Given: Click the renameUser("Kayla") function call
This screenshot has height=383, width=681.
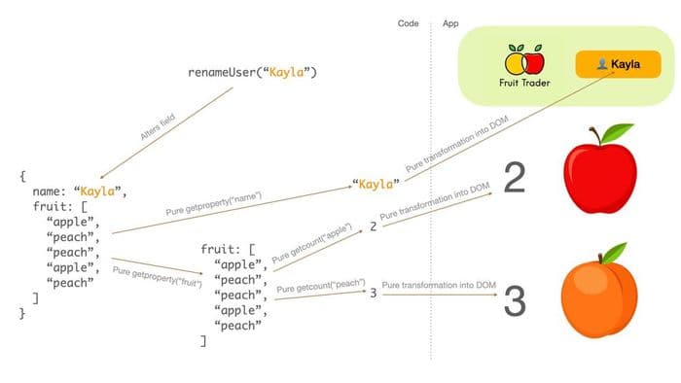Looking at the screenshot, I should pyautogui.click(x=252, y=73).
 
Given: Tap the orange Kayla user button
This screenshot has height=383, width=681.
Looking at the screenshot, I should pyautogui.click(x=618, y=64).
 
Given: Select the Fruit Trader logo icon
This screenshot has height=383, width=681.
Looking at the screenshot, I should pyautogui.click(x=524, y=59).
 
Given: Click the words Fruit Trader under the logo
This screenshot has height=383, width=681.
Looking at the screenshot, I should pyautogui.click(x=524, y=84).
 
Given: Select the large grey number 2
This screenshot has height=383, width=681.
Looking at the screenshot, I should pyautogui.click(x=515, y=179).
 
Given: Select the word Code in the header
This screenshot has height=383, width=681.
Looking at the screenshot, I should pyautogui.click(x=409, y=22).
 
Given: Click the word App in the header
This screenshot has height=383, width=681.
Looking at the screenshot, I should pyautogui.click(x=450, y=22).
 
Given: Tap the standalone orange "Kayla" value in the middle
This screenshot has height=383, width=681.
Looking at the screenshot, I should pyautogui.click(x=376, y=184).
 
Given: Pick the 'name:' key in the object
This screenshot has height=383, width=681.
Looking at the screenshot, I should pyautogui.click(x=49, y=191).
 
